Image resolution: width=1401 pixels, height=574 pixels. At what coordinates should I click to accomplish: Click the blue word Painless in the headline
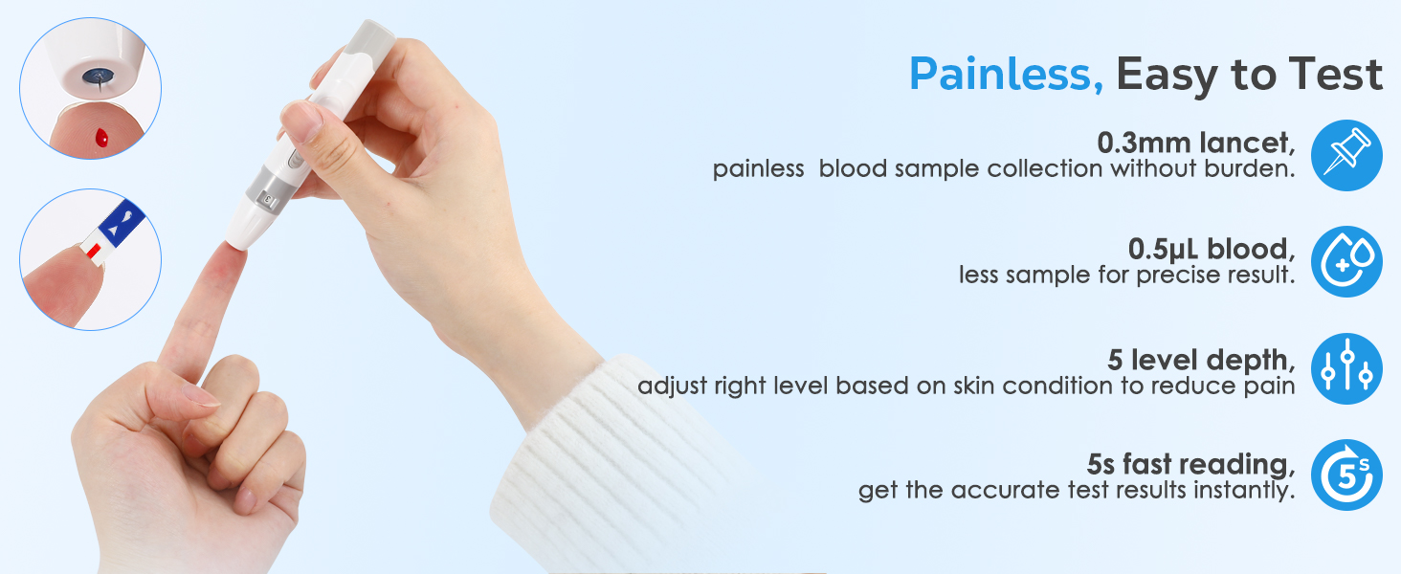point(1005,75)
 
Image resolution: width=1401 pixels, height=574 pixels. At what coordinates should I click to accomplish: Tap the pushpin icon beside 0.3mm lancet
point(1346,155)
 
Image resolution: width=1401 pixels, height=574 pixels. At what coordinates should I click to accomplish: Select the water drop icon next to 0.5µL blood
point(1346,261)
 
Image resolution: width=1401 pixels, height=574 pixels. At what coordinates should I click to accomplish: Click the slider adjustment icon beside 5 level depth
point(1346,368)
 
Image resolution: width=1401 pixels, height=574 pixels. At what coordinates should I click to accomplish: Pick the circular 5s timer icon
point(1346,475)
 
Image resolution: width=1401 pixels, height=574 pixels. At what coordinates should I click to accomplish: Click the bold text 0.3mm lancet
point(1196,143)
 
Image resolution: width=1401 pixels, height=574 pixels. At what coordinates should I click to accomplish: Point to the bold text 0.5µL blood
point(1212,249)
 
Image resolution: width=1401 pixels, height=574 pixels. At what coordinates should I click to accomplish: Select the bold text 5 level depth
point(1201,361)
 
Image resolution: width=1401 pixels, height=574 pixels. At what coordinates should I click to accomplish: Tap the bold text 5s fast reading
point(1190,465)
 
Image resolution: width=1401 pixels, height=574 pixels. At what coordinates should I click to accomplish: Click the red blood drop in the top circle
point(102,140)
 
